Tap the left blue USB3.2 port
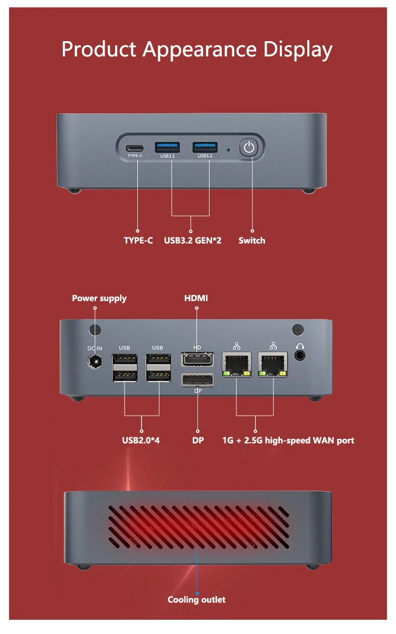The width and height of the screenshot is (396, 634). click(167, 147)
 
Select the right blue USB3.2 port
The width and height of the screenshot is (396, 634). click(205, 147)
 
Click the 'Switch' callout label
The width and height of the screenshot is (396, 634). click(252, 241)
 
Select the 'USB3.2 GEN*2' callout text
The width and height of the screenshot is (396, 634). click(193, 241)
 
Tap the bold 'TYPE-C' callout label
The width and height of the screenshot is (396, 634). click(138, 241)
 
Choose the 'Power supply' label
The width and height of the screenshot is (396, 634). click(99, 299)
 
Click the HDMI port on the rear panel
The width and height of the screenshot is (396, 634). click(197, 360)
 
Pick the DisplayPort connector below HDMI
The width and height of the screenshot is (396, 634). click(197, 380)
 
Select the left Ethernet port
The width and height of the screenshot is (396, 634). click(237, 364)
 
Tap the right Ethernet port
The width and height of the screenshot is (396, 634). click(273, 364)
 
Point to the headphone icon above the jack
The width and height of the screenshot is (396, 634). click(300, 346)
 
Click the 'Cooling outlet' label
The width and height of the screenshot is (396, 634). click(196, 600)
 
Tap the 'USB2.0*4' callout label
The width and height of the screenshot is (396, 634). click(141, 440)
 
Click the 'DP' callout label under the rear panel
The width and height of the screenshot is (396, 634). click(198, 440)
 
